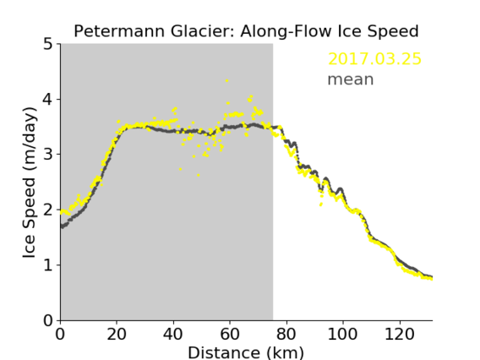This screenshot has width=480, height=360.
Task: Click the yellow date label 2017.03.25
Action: (374, 59)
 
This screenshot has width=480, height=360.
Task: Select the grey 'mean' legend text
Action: (351, 79)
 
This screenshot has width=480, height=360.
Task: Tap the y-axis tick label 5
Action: (48, 44)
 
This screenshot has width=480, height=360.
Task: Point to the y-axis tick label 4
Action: (48, 99)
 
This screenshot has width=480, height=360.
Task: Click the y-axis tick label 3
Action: (48, 155)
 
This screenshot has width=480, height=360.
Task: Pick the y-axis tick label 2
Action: (48, 210)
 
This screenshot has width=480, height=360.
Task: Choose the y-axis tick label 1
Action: (48, 265)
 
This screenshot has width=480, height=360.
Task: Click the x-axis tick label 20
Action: (117, 334)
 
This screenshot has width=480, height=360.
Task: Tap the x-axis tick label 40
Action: (173, 334)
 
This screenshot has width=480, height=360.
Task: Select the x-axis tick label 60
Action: (230, 334)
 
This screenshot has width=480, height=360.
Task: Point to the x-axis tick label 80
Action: (286, 334)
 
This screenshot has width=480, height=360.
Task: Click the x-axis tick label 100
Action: (342, 334)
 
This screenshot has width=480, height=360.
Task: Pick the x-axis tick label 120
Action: (399, 334)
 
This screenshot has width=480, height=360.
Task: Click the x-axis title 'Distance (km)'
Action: (246, 352)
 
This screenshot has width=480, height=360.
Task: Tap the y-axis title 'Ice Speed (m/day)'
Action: (30, 183)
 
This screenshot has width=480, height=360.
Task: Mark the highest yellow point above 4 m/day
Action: (226, 81)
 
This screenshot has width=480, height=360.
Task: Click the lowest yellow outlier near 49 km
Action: (199, 176)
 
